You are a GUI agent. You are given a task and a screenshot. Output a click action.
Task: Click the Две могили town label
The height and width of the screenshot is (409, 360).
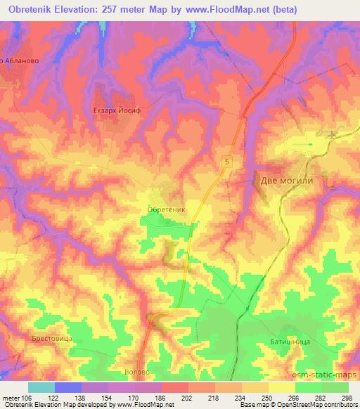click(285, 180)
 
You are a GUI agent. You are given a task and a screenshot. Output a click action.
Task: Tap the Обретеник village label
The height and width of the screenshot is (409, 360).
click(167, 209)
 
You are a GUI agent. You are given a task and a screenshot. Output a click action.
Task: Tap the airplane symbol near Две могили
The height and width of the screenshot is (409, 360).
click(333, 132)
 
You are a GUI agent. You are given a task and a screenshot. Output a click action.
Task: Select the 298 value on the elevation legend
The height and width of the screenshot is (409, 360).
click(347, 397)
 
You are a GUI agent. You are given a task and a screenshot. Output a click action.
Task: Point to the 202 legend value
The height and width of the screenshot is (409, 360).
click(186, 397)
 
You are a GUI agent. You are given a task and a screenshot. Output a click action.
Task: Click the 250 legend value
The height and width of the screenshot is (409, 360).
click(267, 397)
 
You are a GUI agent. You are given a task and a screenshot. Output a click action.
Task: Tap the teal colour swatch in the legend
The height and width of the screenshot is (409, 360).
click(41, 387)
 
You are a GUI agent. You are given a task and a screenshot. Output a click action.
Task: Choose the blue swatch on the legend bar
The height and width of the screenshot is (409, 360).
click(67, 387)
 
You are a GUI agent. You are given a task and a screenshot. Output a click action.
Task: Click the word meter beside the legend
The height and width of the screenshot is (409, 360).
click(10, 397)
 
